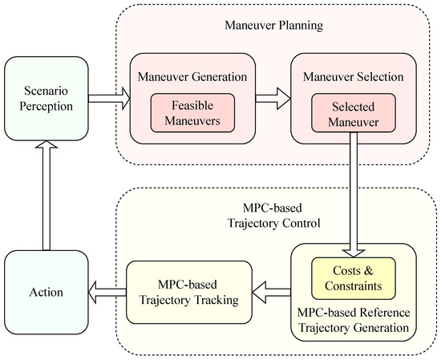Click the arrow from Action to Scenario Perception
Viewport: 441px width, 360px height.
click(45, 194)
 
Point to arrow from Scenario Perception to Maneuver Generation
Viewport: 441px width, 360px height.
click(107, 99)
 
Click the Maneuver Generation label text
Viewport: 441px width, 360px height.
click(193, 78)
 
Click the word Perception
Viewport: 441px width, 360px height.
click(45, 105)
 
